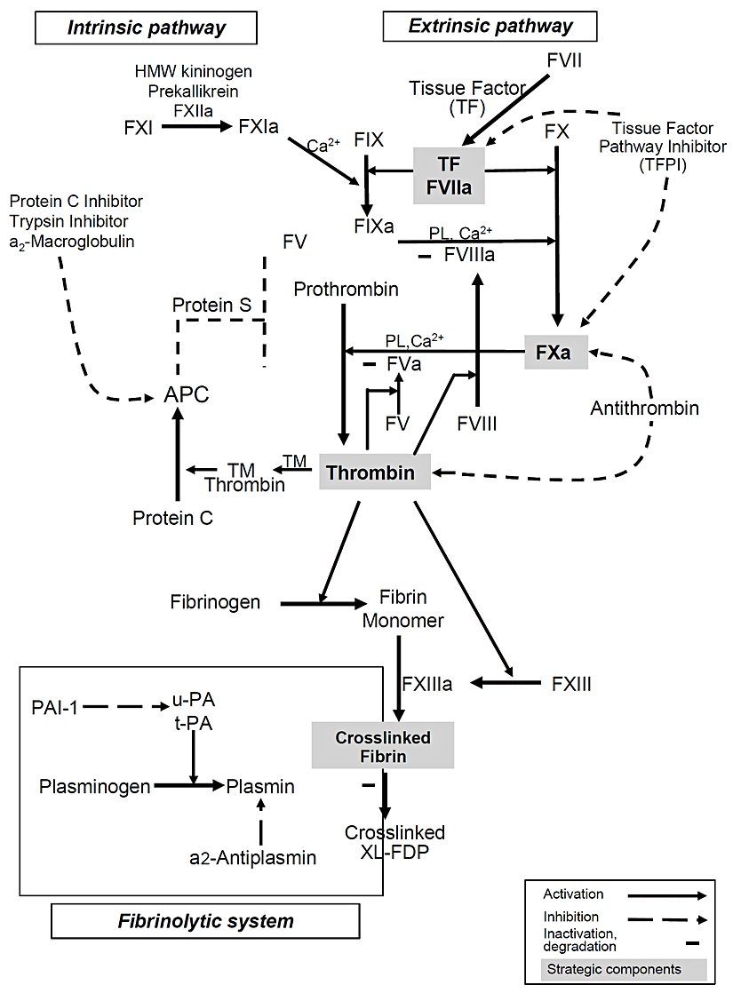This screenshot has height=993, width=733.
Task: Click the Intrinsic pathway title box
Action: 147,27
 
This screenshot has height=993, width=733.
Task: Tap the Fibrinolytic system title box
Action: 206,918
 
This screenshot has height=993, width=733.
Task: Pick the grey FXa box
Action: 559,352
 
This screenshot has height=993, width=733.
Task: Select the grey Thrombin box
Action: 375,472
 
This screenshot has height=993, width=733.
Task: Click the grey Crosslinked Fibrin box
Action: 383,744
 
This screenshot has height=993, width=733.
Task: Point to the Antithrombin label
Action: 644,409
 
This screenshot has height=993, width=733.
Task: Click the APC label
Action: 187,395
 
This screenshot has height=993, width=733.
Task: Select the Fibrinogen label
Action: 215,603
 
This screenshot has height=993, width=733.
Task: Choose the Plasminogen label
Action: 93,786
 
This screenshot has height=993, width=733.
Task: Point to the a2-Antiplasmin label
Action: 253,857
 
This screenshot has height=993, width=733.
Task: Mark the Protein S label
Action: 212,305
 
